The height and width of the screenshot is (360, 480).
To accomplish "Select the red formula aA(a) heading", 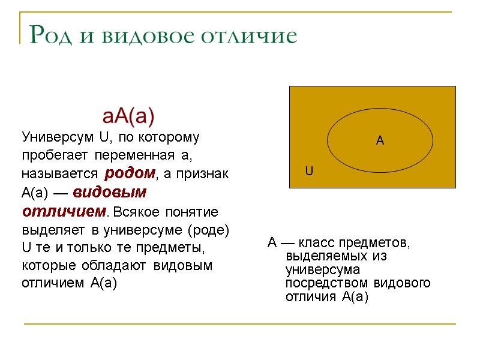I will point(129,115).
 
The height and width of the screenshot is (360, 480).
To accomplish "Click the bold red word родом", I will point(130,174).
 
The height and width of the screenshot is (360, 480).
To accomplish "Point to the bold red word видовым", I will point(110,193).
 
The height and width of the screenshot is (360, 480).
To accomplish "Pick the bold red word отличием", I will point(64,212).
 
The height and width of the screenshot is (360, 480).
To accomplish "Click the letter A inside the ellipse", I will point(379,141).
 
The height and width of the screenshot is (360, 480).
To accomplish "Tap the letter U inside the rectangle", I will point(309,171).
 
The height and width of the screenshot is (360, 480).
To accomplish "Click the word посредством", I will point(326,283).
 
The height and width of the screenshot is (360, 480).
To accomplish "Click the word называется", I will point(60,175).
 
